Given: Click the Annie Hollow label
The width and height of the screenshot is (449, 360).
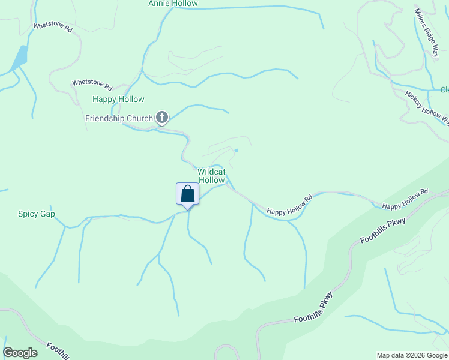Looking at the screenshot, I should point(173,4).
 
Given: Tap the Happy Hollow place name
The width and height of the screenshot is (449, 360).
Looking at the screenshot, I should point(118,99).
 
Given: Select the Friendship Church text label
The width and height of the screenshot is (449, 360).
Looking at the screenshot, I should point(119,118).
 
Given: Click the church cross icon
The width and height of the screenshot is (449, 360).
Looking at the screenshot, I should point(162,118).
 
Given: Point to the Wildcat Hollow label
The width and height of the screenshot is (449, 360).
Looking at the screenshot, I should point(211,176).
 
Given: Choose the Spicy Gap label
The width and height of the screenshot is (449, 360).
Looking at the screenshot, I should point(36,214).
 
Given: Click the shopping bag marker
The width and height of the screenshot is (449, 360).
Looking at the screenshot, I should point(187,194).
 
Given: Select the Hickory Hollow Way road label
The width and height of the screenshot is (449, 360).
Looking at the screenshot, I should point(427,107).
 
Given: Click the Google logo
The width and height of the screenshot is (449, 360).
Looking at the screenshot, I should point(20,353).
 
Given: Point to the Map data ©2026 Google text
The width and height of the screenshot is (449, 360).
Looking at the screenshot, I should point(411,355).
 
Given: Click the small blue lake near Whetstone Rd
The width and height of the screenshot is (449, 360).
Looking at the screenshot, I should point(19,58).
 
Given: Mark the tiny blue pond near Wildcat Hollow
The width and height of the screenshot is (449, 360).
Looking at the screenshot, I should point(237,150).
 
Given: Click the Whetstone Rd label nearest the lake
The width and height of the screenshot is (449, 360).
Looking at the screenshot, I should point(53,27).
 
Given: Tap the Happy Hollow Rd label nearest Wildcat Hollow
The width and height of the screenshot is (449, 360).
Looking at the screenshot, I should point(290,205).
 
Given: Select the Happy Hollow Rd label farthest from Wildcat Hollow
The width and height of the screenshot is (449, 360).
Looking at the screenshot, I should point(405,199).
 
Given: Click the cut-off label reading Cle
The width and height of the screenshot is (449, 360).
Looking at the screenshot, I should point(444,90).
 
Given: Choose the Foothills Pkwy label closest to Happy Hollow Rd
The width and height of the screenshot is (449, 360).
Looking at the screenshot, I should point(383,231).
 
